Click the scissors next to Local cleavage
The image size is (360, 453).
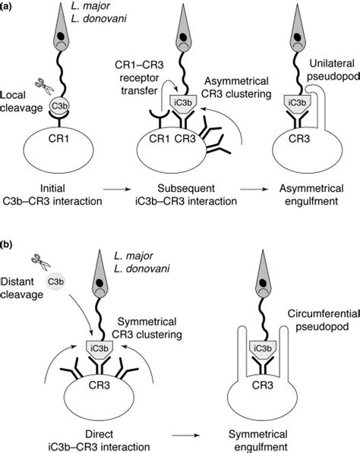45,86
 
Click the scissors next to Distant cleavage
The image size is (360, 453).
41,262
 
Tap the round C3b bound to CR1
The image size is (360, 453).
59,106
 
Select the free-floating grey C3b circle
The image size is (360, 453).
55,281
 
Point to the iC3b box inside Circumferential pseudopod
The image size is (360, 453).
263,350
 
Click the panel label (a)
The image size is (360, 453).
6,7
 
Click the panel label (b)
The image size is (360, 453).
6,244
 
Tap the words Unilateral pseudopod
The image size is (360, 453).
333,70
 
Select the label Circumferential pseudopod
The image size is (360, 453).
324,320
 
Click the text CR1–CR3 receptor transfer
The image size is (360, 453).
139,77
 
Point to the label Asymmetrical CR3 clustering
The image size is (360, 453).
236,87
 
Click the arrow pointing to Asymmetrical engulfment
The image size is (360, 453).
253,189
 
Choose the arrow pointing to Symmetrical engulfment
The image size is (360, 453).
186,435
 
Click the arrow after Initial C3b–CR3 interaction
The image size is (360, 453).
117,189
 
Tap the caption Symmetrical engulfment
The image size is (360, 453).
258,440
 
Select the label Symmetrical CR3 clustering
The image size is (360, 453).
147,328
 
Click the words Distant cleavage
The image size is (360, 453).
22,288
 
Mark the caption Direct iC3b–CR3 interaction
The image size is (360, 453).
99,440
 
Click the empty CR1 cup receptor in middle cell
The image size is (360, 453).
159,118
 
